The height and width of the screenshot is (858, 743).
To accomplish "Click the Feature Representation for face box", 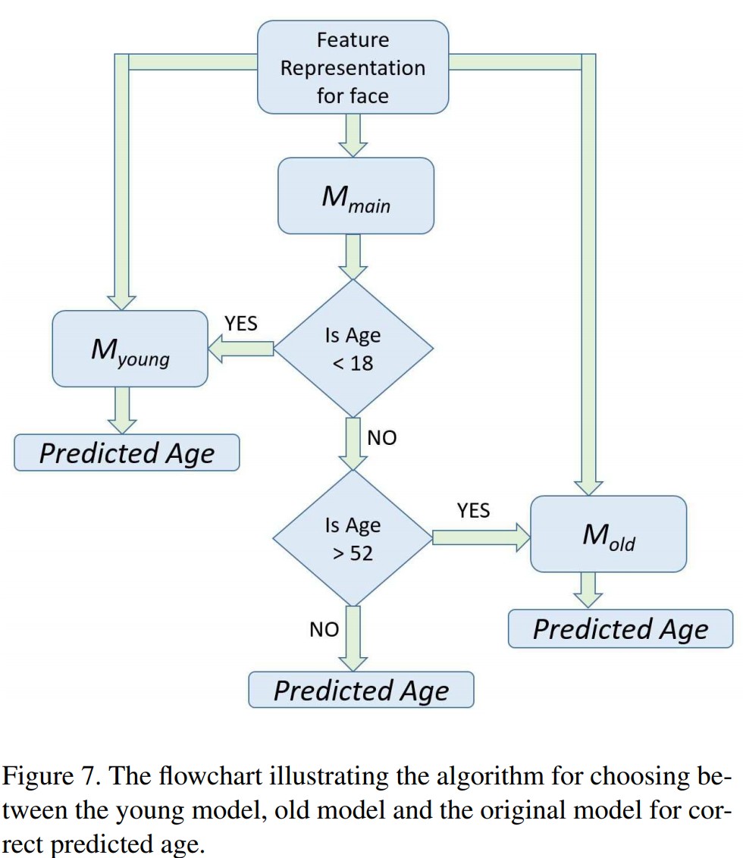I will click(x=353, y=67).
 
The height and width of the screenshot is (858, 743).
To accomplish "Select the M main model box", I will click(x=356, y=196).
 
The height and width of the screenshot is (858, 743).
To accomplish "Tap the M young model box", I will click(x=130, y=349).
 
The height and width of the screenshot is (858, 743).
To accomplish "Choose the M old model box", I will click(x=608, y=534).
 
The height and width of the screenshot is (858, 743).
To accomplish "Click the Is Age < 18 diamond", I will click(x=353, y=349).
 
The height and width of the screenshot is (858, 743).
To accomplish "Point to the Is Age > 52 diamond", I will click(x=353, y=538).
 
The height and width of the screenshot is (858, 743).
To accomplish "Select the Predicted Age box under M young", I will click(x=127, y=452).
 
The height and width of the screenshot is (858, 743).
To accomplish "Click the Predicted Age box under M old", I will click(x=620, y=629).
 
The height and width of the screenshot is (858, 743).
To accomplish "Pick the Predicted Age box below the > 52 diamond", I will click(x=361, y=690).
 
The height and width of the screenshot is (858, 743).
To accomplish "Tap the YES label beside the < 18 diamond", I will click(x=240, y=324).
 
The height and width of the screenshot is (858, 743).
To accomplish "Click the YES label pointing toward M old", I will click(x=473, y=510).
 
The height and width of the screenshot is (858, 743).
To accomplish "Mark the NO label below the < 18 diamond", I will click(x=381, y=437).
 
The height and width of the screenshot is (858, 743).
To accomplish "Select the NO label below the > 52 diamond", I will click(x=324, y=629).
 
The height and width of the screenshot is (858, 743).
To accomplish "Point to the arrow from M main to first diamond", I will click(x=353, y=256).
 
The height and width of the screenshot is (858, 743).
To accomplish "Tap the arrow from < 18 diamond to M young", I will click(x=241, y=349).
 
